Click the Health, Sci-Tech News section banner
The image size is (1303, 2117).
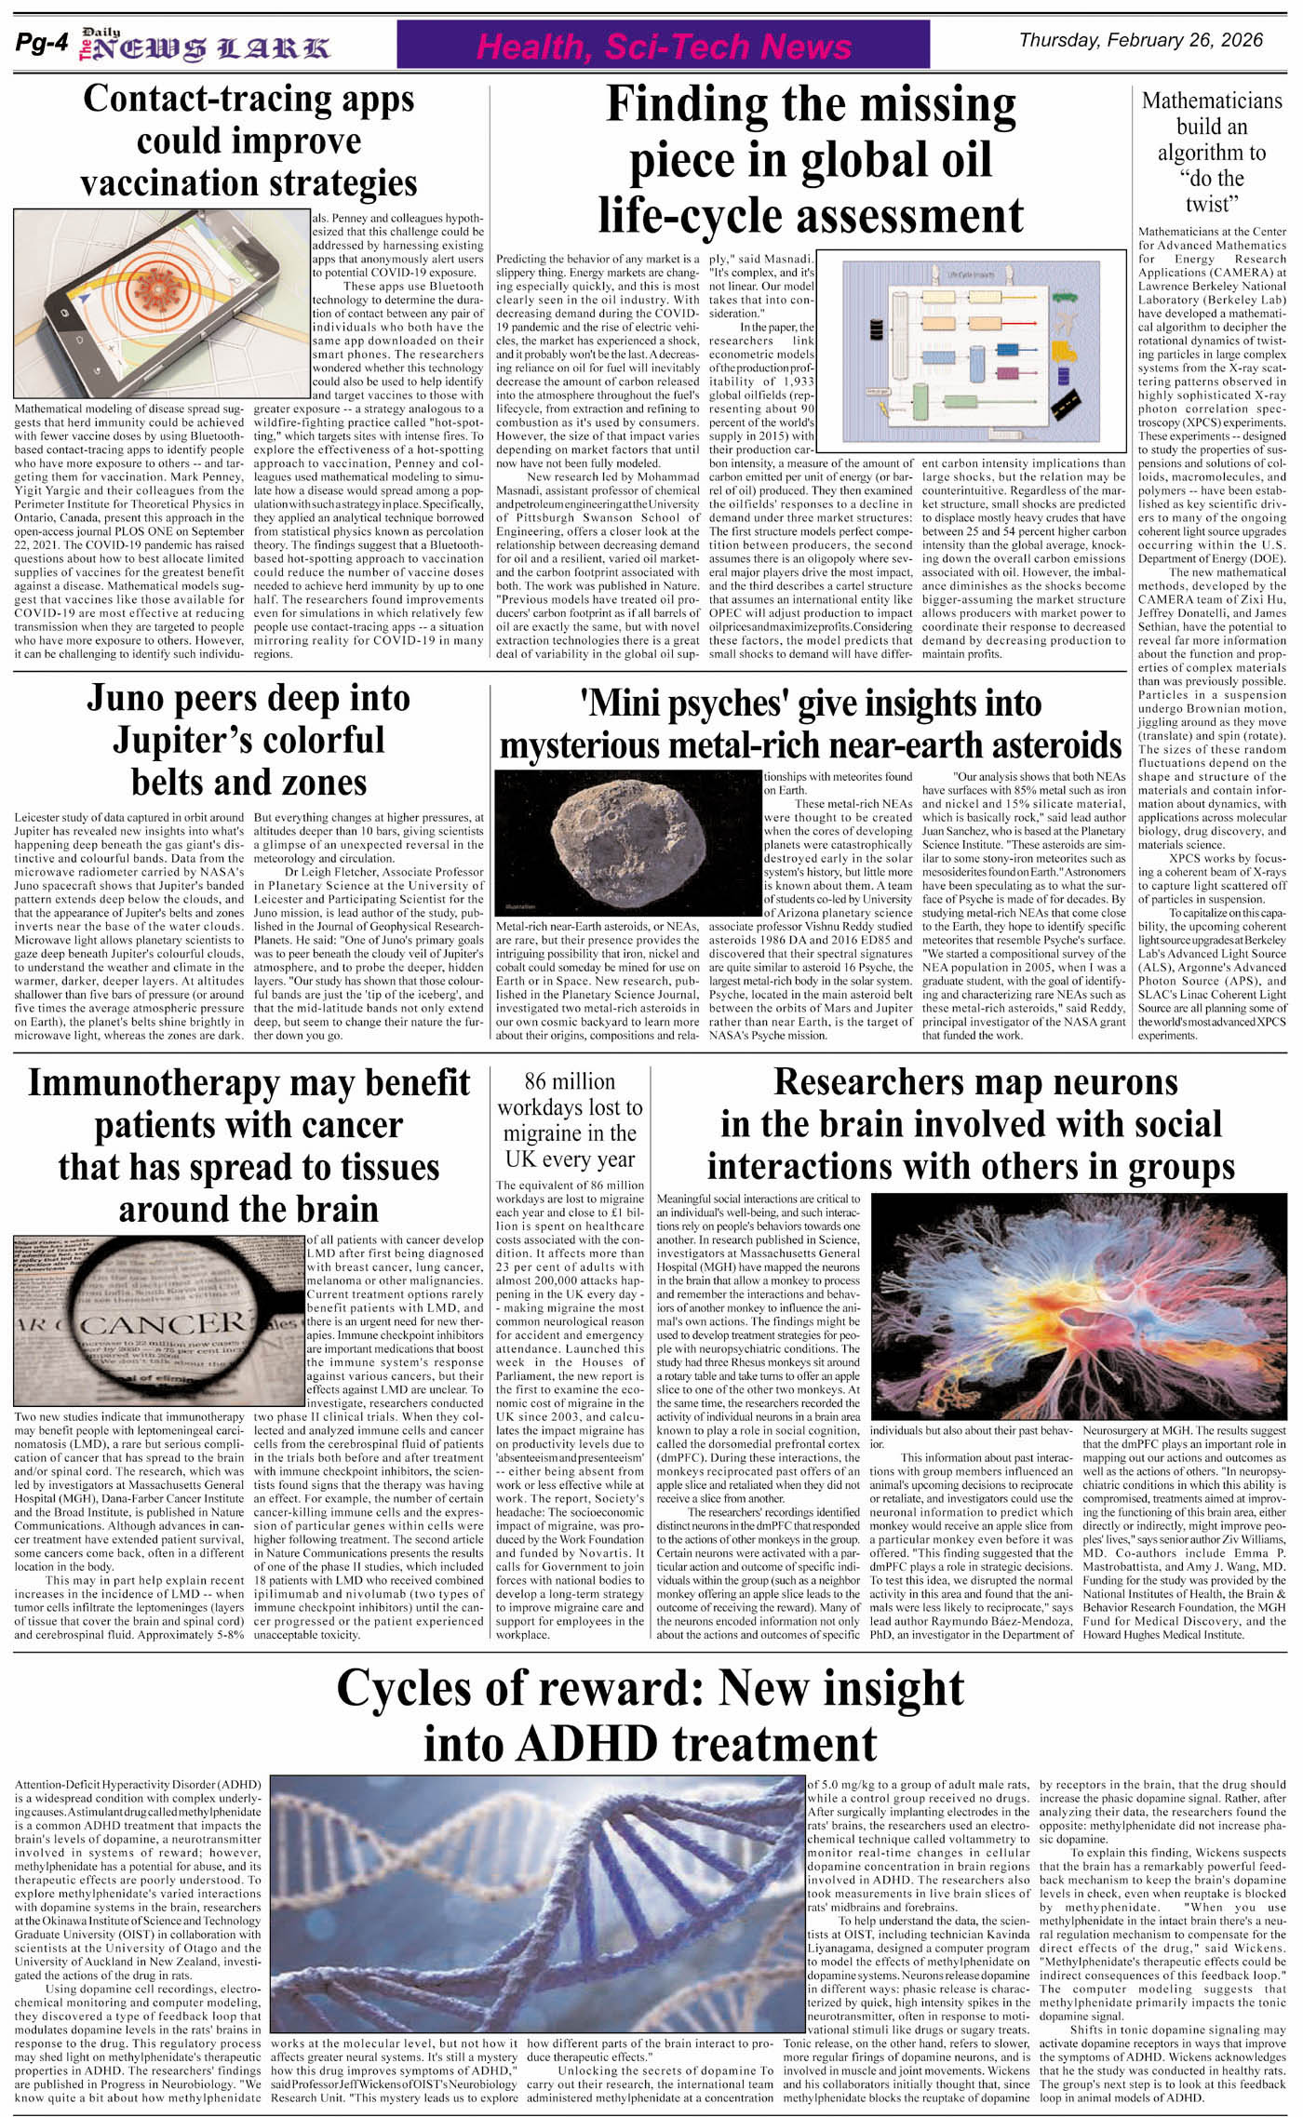[x=664, y=46]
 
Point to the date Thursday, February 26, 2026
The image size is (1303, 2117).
[x=1141, y=40]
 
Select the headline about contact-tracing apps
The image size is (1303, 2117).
[x=249, y=141]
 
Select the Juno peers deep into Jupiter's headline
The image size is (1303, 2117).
[x=249, y=739]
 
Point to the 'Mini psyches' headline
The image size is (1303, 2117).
[x=810, y=724]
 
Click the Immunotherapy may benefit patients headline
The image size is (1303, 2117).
[x=249, y=1146]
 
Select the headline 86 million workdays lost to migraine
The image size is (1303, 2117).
[x=570, y=1120]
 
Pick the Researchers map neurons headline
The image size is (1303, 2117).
[x=971, y=1124]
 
